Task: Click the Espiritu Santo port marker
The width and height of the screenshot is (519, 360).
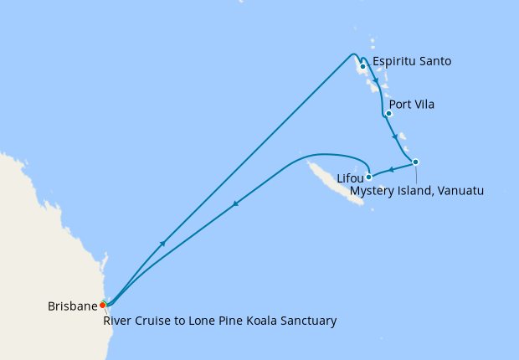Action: pyautogui.click(x=362, y=66)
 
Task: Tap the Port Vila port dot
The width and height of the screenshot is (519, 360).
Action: pyautogui.click(x=388, y=114)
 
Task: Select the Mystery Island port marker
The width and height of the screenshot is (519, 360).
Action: pyautogui.click(x=415, y=162)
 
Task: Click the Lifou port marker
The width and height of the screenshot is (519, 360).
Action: pyautogui.click(x=368, y=177)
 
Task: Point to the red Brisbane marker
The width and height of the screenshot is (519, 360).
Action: pyautogui.click(x=103, y=305)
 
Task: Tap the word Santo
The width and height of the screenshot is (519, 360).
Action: pyautogui.click(x=434, y=61)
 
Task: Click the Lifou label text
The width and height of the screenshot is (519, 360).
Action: pyautogui.click(x=350, y=178)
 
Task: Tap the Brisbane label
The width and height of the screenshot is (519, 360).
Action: pyautogui.click(x=73, y=306)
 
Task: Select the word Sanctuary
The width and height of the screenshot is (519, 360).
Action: pyautogui.click(x=309, y=320)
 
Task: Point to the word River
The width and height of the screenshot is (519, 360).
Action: pyautogui.click(x=118, y=320)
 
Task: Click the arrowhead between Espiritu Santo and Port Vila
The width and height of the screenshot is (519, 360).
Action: pyautogui.click(x=376, y=81)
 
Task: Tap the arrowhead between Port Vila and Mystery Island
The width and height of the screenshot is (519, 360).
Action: pyautogui.click(x=395, y=136)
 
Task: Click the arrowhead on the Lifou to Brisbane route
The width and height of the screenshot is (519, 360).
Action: pyautogui.click(x=236, y=203)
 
